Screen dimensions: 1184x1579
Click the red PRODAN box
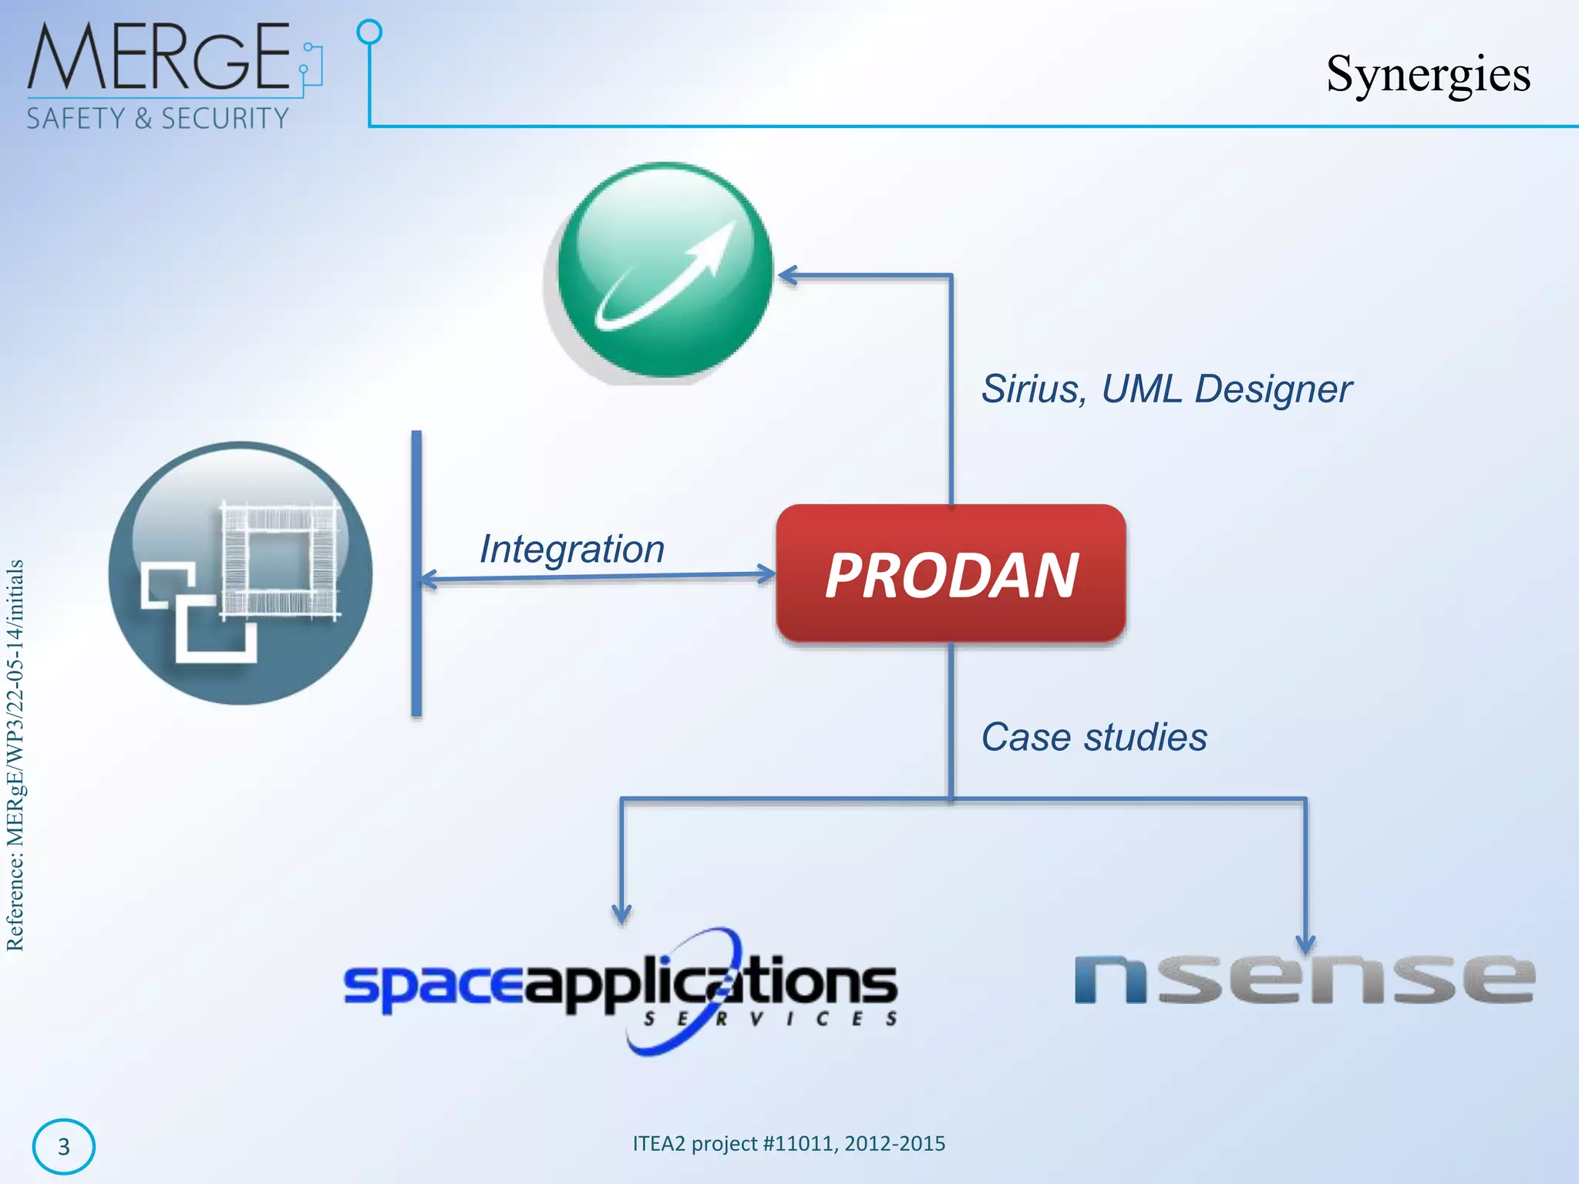tap(951, 573)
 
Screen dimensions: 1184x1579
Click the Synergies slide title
tap(1428, 74)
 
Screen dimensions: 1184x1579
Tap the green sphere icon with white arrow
tap(665, 270)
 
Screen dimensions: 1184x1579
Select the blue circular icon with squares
tap(241, 573)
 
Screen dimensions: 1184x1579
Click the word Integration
tap(571, 549)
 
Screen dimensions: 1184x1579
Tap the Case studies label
tap(1093, 737)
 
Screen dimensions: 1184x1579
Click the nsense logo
tap(1305, 979)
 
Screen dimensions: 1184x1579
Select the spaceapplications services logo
tap(621, 990)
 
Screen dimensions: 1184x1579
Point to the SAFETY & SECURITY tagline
tap(157, 119)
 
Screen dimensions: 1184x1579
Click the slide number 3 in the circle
tap(64, 1147)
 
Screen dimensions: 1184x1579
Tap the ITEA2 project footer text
tap(789, 1143)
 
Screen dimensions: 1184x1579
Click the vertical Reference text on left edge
tap(15, 755)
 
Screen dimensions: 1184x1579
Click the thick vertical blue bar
tap(416, 573)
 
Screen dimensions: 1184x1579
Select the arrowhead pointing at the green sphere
tap(788, 275)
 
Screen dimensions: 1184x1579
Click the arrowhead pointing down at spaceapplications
tap(621, 914)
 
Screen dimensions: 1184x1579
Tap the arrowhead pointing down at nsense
tap(1305, 943)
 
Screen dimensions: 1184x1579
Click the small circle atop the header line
tap(370, 32)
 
